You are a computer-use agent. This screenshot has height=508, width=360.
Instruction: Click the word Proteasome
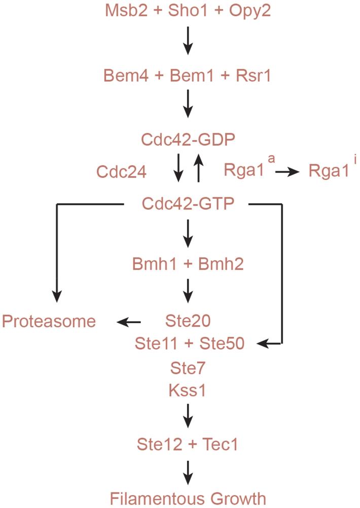pos(49,322)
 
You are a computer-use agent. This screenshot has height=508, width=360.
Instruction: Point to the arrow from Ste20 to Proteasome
pos(129,321)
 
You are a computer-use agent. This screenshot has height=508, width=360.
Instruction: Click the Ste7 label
pos(188,367)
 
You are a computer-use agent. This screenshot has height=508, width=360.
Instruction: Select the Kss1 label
pos(188,390)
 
